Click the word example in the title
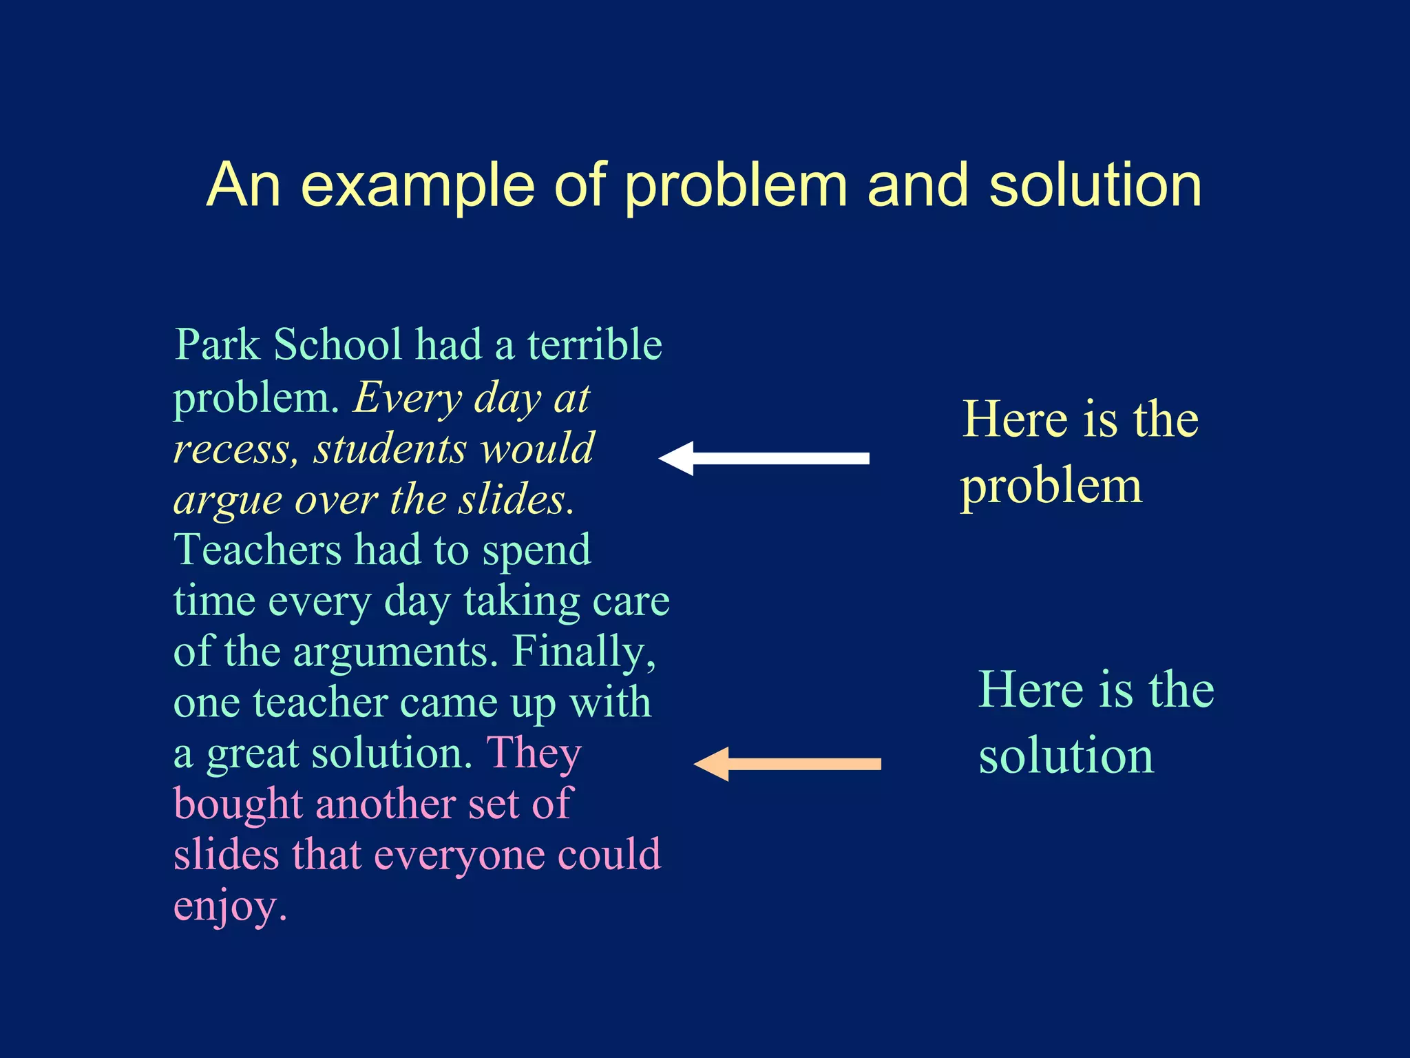418,186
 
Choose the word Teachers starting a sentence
258,550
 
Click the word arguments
394,652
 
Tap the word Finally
583,651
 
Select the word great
252,754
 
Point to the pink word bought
238,804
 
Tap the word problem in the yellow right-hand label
1051,487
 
